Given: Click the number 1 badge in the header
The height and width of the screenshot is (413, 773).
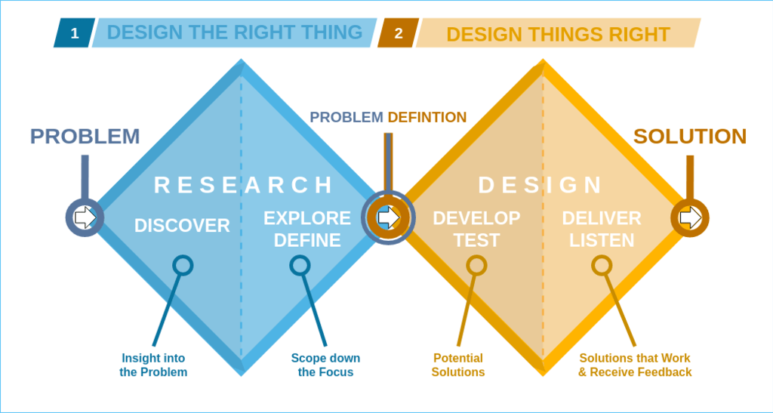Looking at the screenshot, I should (x=74, y=33).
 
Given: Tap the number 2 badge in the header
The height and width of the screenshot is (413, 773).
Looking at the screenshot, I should (x=398, y=33).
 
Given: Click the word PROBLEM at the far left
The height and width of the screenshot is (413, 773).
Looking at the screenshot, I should (x=85, y=137).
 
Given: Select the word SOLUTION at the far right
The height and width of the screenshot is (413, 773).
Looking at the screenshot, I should (x=689, y=137).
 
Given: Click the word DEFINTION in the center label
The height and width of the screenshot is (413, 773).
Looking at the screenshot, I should (x=427, y=117).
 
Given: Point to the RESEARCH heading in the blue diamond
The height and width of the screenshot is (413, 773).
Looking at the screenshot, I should (x=243, y=185).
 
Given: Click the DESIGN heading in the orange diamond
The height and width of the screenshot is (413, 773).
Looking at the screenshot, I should (x=540, y=185).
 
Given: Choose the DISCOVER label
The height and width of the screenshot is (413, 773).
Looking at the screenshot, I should (x=182, y=225).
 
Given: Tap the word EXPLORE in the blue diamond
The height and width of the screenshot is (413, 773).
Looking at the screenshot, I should (x=306, y=218).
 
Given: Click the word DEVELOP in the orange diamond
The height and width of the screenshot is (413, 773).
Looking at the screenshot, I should (x=476, y=218).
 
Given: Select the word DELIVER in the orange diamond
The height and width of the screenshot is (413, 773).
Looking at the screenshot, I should (x=602, y=218).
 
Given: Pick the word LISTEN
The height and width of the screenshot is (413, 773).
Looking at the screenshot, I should (x=602, y=240).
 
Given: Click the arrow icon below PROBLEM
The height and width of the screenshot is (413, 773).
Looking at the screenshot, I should (x=85, y=217).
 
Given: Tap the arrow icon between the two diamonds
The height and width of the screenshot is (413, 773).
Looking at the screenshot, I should (x=388, y=217).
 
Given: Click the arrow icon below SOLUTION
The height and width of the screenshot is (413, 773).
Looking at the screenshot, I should (x=690, y=217).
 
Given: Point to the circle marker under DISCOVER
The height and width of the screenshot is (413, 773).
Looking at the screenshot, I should (x=183, y=265).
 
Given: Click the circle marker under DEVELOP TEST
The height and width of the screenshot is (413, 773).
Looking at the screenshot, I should (x=476, y=265).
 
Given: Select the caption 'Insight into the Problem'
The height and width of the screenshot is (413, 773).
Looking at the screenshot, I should (x=153, y=365).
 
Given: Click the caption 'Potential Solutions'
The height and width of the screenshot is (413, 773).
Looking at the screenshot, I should (x=458, y=365).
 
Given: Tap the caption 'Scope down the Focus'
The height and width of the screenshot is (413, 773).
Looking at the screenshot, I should (x=325, y=365).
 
